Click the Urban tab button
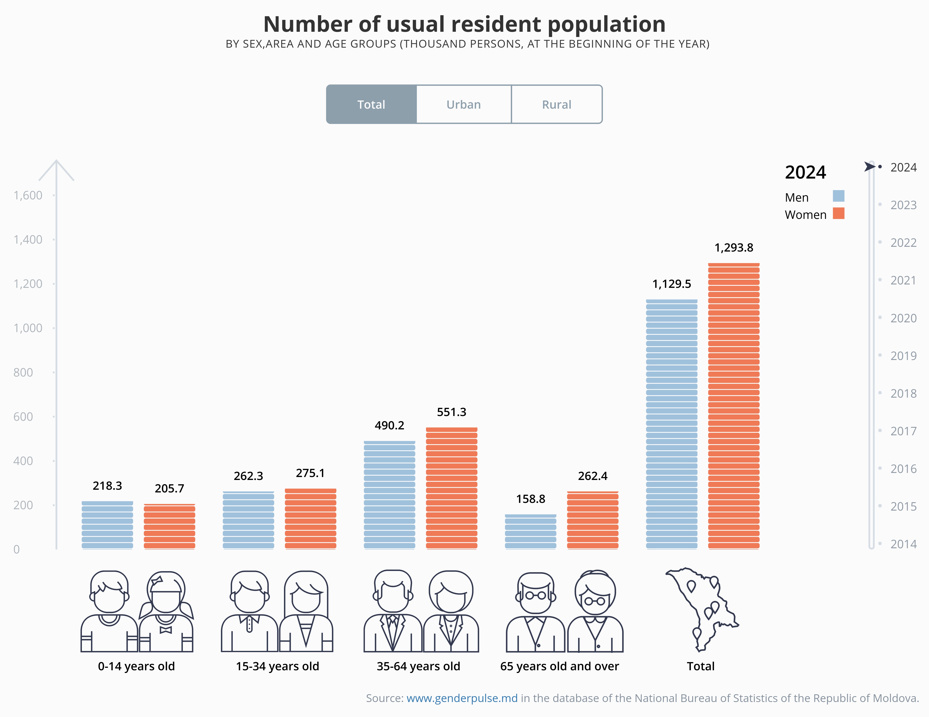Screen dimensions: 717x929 coord(464,105)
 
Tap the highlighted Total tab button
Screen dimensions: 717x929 coord(371,105)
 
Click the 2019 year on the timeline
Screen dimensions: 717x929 coord(903,356)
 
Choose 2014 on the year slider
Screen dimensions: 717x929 coord(903,544)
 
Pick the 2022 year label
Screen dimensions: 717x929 coord(903,242)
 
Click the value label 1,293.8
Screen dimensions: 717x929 coord(734,248)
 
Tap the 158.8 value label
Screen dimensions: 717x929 coord(531,499)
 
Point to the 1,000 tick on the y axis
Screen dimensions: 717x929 coord(28,328)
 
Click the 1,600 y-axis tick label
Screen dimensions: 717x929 coord(28,195)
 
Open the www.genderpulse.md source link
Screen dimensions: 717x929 coord(462,698)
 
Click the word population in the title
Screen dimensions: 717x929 coord(606,24)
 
